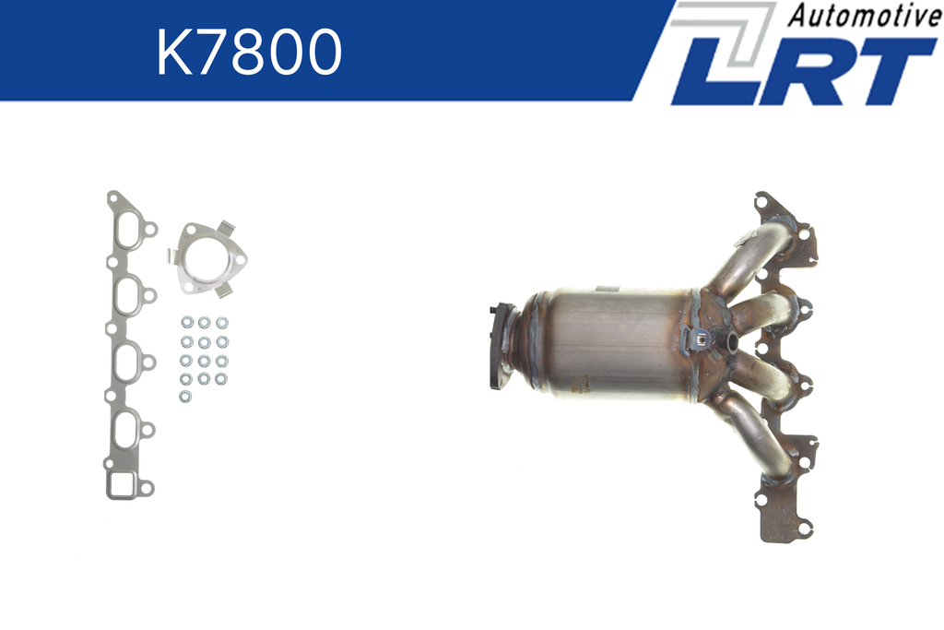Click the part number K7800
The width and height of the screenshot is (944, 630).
point(249,52)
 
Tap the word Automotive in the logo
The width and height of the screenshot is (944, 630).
point(864,15)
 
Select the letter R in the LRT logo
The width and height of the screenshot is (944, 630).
point(805,71)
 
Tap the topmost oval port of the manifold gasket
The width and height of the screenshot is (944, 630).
point(127,228)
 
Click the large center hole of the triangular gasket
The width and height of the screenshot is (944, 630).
point(207,259)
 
